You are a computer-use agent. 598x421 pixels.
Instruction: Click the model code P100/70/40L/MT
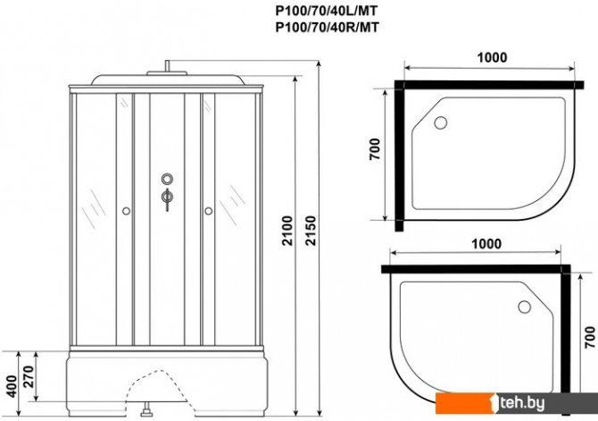327,11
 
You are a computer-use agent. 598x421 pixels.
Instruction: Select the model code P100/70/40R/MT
328,27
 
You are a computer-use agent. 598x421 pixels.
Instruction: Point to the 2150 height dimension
311,231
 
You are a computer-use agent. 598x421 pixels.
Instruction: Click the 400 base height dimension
12,386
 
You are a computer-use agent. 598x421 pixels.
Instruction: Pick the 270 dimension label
29,376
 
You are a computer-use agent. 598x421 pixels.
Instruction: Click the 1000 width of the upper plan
493,57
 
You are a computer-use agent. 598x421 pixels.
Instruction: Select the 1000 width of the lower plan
486,243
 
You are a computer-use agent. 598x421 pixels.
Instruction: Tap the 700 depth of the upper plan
375,149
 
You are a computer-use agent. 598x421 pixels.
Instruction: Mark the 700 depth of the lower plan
590,337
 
